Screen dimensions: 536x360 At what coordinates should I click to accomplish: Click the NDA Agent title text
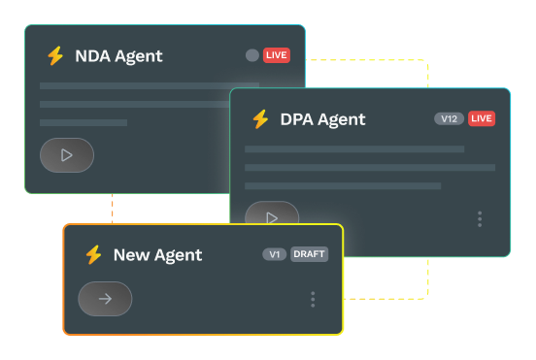(x=118, y=56)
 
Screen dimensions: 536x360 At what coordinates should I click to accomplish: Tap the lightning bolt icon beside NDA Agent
(x=55, y=56)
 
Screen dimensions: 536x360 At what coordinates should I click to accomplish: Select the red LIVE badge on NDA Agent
(x=277, y=55)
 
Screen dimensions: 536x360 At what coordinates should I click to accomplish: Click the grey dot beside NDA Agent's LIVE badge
(x=252, y=55)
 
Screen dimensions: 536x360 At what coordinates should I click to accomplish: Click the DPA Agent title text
(x=322, y=119)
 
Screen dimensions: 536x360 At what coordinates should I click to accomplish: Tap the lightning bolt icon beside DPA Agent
(x=260, y=119)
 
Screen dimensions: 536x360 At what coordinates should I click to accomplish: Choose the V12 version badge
(x=449, y=118)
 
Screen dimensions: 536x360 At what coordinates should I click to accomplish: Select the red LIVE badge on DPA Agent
(x=482, y=118)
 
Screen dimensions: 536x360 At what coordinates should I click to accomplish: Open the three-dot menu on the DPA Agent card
(x=480, y=219)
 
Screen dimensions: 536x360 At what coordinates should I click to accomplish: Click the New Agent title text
(x=157, y=255)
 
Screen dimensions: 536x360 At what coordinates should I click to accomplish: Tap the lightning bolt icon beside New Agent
(x=93, y=255)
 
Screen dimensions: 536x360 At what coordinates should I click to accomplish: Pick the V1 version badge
(x=274, y=254)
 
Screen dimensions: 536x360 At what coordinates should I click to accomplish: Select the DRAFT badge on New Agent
(x=310, y=254)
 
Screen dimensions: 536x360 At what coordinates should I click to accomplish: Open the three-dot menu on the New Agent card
(x=313, y=299)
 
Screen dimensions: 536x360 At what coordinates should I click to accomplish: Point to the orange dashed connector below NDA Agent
(x=113, y=209)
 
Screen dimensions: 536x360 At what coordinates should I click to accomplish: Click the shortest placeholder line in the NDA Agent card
(x=84, y=122)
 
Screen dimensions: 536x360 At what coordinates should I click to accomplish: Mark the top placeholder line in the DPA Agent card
(x=354, y=149)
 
